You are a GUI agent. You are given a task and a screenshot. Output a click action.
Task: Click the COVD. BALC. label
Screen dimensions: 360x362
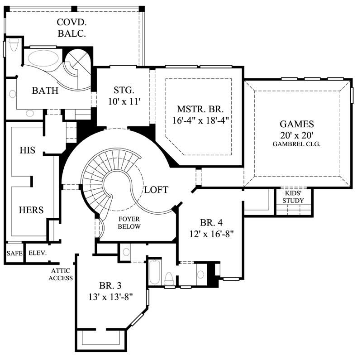pyautogui.click(x=72, y=27)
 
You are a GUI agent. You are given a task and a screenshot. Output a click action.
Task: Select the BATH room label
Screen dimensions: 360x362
pyautogui.click(x=45, y=91)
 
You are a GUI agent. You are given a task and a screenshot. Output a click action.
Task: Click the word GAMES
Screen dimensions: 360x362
pyautogui.click(x=296, y=124)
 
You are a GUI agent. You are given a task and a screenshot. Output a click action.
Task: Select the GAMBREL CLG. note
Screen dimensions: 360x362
pyautogui.click(x=296, y=144)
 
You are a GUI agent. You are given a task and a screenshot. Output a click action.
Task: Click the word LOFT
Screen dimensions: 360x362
pyautogui.click(x=156, y=190)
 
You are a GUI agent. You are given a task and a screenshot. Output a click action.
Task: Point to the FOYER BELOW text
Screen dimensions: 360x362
pyautogui.click(x=129, y=222)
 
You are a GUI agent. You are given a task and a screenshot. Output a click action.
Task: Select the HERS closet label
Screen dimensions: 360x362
pyautogui.click(x=31, y=210)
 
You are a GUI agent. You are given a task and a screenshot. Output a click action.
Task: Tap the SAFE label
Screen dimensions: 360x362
pyautogui.click(x=14, y=253)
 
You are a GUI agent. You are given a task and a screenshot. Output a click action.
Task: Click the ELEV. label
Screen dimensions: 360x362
pyautogui.click(x=38, y=253)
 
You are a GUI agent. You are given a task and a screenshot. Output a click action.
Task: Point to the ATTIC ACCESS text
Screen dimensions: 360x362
pyautogui.click(x=61, y=274)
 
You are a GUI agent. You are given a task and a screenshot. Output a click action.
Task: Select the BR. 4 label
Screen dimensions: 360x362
pyautogui.click(x=210, y=223)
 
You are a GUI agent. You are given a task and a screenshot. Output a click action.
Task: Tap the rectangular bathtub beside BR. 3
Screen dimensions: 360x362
pyautogui.click(x=155, y=272)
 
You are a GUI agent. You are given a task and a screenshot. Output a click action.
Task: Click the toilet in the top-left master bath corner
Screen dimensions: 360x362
pyautogui.click(x=14, y=45)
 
